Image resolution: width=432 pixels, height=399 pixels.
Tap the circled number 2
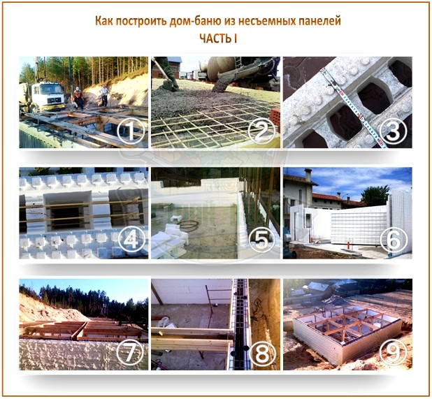point(261,131)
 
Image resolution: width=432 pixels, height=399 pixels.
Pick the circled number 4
point(131,240)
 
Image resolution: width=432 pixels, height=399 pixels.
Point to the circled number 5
point(262,240)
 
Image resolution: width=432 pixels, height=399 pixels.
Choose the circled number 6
point(394,240)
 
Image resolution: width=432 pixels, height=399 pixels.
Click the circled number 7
point(130,352)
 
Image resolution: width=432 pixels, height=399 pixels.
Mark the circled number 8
point(263,352)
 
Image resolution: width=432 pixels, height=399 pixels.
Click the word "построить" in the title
point(141,22)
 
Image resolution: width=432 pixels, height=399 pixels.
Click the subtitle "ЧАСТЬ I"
point(218,39)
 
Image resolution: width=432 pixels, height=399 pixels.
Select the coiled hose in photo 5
point(188,225)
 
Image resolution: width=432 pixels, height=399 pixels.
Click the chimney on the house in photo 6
point(308,175)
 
